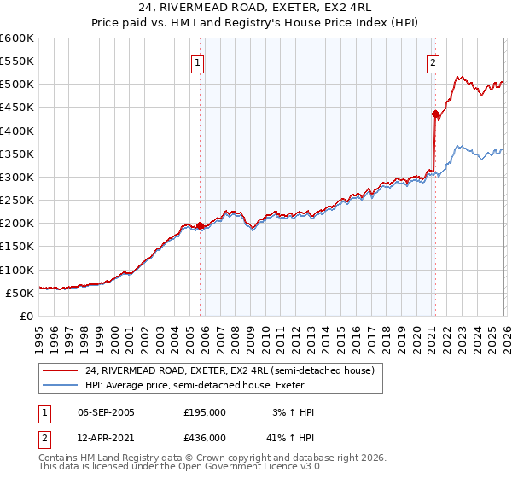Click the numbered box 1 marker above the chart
(x=197, y=62)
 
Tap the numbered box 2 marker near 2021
(x=433, y=62)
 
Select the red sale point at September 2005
(x=201, y=225)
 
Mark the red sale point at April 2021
(x=435, y=114)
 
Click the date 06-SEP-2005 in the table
(x=106, y=412)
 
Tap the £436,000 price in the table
(x=205, y=438)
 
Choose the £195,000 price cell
(x=205, y=412)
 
